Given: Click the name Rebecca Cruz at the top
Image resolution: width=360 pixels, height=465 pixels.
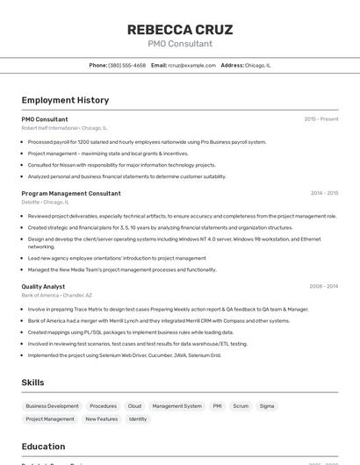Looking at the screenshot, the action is (x=180, y=29).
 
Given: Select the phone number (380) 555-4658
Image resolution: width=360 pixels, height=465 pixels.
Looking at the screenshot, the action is (x=127, y=65).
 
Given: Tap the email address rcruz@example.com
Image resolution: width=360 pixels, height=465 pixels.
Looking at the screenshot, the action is (x=191, y=65).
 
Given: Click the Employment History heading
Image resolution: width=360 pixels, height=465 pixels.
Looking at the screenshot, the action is (x=65, y=100).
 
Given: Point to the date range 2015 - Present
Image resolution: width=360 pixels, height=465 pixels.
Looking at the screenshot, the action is (x=321, y=118).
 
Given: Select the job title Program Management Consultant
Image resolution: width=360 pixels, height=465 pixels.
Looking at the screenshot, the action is (x=71, y=193).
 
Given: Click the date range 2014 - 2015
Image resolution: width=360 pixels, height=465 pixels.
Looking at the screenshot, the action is (x=324, y=193).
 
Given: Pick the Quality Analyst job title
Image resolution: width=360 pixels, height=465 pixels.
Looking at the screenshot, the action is (x=43, y=286).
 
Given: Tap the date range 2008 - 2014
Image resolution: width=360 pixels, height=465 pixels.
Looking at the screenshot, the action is (x=324, y=286).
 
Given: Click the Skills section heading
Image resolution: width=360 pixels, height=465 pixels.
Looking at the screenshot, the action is (x=32, y=383).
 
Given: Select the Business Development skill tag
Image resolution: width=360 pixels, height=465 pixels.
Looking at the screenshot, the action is (x=52, y=406).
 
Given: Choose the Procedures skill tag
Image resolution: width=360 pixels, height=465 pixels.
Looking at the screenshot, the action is (x=103, y=406).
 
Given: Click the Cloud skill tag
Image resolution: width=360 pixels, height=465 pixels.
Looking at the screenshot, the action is (x=134, y=406).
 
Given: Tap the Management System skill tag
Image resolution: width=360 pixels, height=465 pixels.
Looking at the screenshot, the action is (x=176, y=406).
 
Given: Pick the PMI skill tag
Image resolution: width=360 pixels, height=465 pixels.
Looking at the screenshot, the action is (x=217, y=406).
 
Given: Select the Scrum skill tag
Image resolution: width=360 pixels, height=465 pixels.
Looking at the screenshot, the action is (x=241, y=406).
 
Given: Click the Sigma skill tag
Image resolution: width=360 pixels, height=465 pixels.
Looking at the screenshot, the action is (x=267, y=406).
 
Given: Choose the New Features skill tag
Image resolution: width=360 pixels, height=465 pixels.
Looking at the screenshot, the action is (x=101, y=419).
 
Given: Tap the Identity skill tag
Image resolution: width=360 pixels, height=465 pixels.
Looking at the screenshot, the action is (x=138, y=419).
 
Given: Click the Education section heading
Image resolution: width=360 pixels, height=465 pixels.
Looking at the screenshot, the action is (x=43, y=446).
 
